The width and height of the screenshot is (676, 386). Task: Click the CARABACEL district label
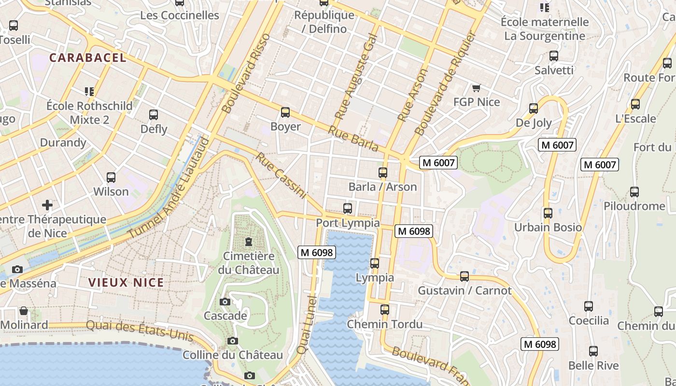pos(87,58)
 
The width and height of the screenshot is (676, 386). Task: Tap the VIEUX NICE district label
pos(126,283)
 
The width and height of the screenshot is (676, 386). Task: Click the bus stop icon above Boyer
pos(285,112)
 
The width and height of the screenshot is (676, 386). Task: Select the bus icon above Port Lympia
pos(347,208)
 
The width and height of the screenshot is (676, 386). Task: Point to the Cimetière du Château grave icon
pos(249,241)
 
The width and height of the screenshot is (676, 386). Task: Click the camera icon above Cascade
pos(225,302)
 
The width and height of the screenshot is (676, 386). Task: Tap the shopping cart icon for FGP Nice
pos(477,88)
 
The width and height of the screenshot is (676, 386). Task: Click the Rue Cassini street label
pos(281,176)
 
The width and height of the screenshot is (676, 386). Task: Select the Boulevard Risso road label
pos(247,73)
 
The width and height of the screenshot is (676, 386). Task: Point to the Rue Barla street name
pos(353,138)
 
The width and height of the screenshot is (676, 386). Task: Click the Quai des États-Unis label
pos(140,330)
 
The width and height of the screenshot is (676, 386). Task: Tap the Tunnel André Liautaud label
pos(170,188)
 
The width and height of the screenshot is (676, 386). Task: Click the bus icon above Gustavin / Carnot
pos(465,276)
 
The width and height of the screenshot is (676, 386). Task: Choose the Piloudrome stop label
pos(634,206)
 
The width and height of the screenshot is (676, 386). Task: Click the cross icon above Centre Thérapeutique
pos(47,205)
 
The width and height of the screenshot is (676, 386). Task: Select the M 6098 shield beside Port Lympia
pos(414,231)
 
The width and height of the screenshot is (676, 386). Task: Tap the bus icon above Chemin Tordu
pos(384,310)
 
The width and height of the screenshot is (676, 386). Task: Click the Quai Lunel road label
pos(306,326)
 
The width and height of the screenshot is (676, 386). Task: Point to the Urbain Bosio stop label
pos(548,227)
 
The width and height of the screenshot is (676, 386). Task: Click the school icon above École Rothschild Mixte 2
pos(89,91)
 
